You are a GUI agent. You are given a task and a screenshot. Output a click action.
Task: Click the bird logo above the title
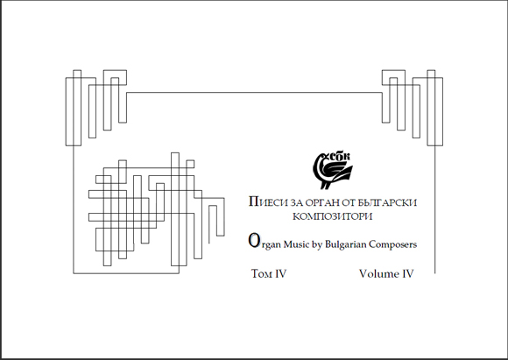pyautogui.click(x=333, y=171)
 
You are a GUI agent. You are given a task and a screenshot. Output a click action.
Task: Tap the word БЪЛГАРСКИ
pyautogui.click(x=387, y=203)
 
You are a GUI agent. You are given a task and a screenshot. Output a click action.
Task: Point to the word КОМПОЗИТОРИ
pyautogui.click(x=333, y=216)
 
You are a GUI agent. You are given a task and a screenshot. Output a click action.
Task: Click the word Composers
pyautogui.click(x=392, y=244)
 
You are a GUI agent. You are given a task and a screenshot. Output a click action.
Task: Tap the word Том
pyautogui.click(x=262, y=274)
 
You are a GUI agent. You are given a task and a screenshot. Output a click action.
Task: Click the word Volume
pyautogui.click(x=378, y=274)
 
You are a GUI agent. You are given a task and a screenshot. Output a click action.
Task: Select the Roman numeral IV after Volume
pyautogui.click(x=408, y=274)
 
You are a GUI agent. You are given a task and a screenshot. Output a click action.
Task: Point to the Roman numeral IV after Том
pyautogui.click(x=280, y=274)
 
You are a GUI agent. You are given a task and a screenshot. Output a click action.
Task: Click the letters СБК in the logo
pyautogui.click(x=340, y=157)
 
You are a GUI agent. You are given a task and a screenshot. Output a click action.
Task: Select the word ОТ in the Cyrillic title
pyautogui.click(x=349, y=203)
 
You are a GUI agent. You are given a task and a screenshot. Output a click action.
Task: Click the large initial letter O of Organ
pyautogui.click(x=254, y=241)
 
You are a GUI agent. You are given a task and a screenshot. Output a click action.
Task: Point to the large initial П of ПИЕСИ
pyautogui.click(x=253, y=201)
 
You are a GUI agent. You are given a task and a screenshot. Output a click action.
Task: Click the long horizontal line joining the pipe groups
pyautogui.click(x=254, y=93)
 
